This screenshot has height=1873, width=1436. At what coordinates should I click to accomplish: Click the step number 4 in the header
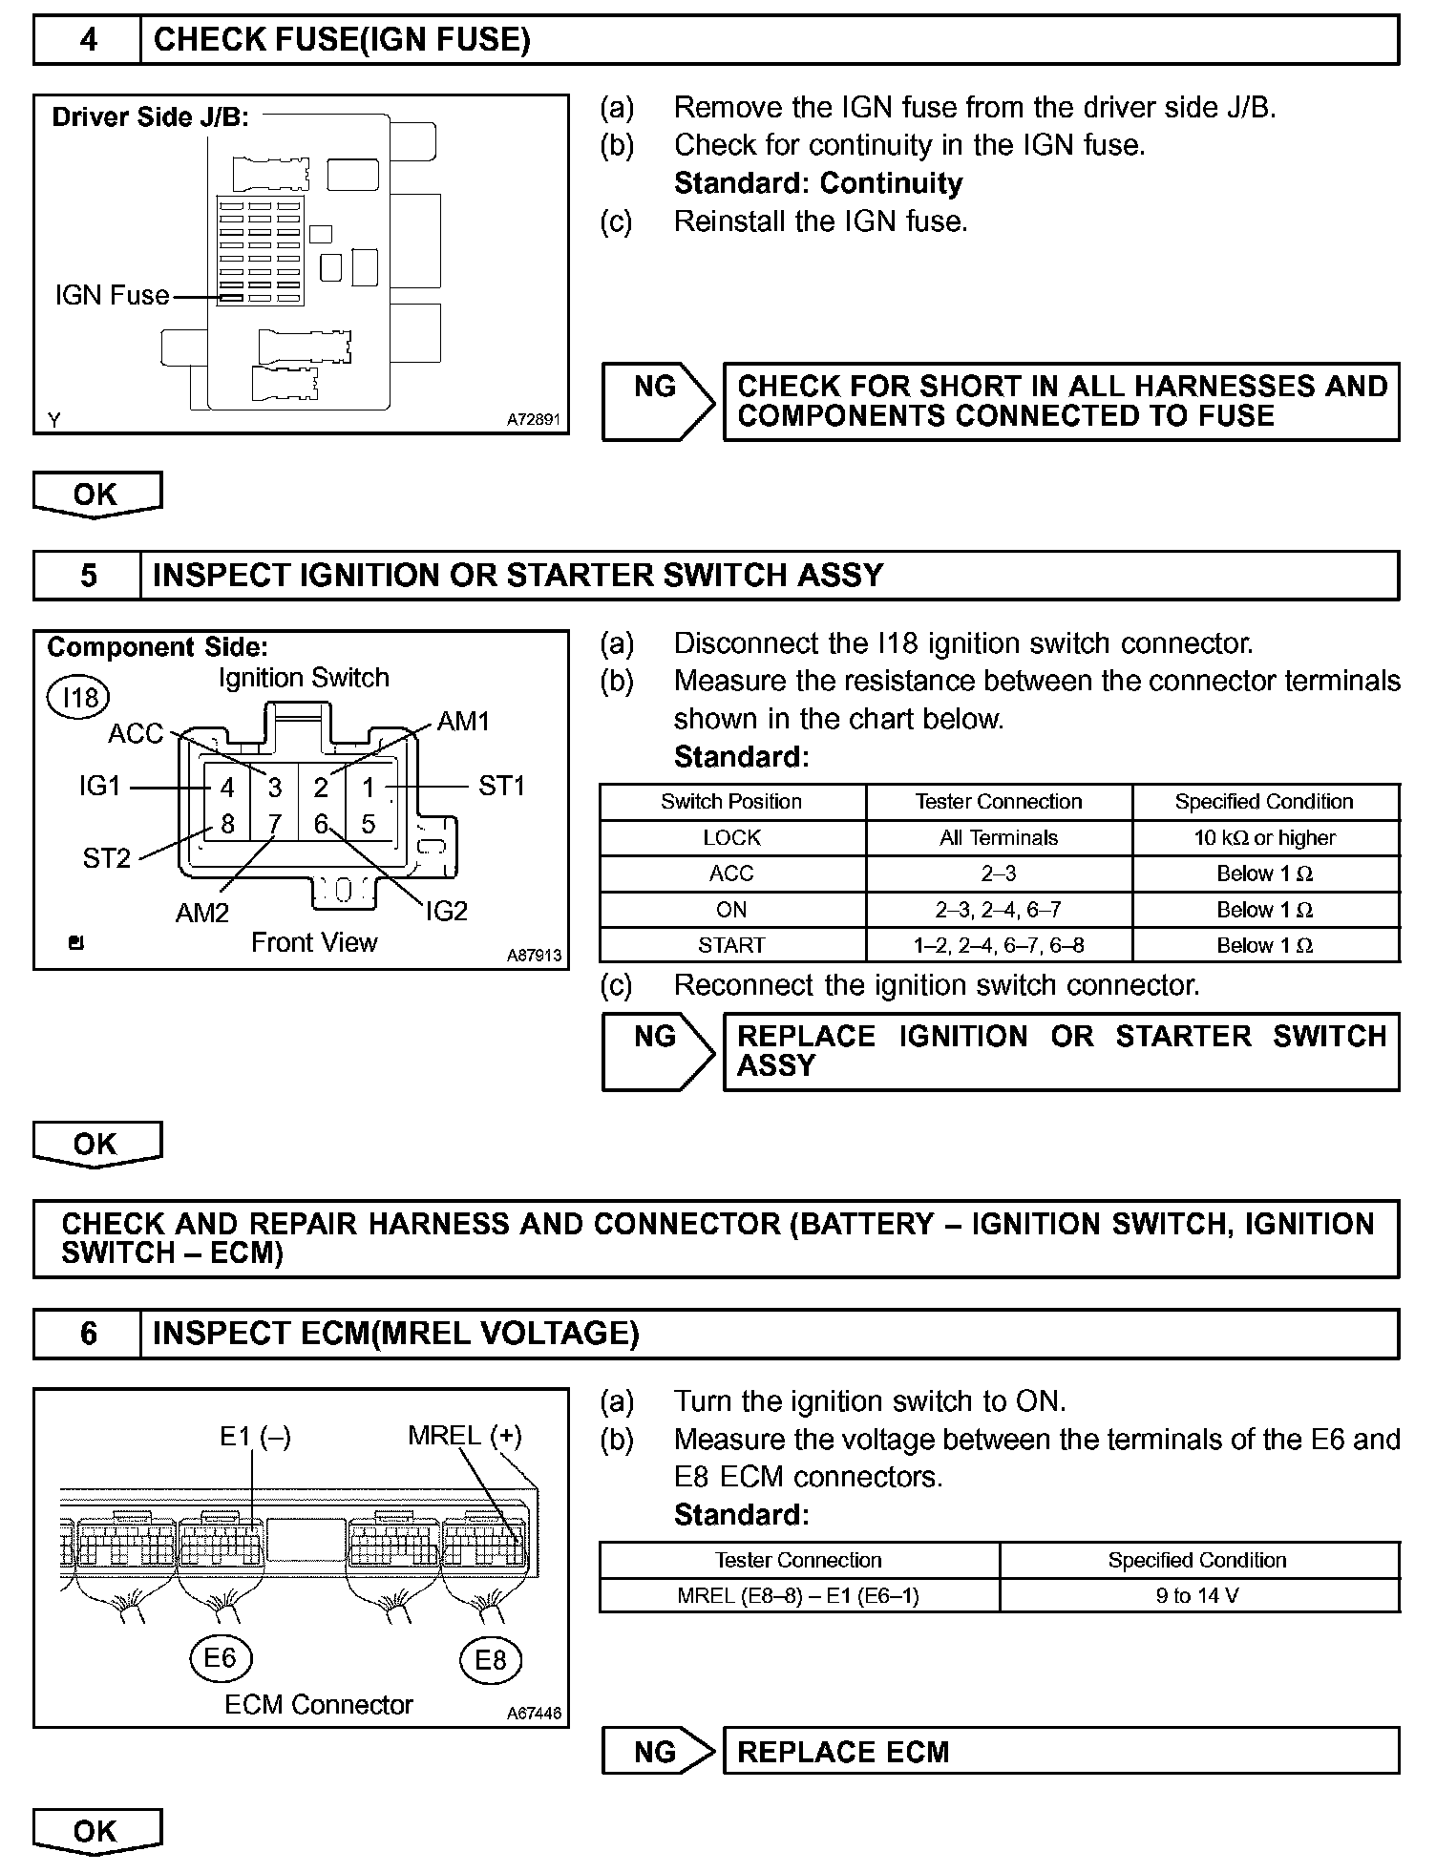(88, 40)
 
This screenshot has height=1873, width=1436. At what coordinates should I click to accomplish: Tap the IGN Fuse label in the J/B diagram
(112, 296)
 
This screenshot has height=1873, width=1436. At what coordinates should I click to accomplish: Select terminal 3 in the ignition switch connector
(275, 788)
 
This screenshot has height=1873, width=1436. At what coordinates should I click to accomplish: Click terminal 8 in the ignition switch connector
(227, 824)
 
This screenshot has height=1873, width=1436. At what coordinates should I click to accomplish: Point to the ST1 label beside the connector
(501, 786)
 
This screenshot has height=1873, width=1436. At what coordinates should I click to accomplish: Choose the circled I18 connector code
(80, 698)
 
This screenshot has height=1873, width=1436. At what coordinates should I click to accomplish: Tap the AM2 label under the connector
(202, 914)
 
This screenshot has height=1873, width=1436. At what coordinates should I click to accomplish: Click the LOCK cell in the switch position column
(731, 838)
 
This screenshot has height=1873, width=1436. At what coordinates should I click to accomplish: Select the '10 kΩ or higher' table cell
(1264, 838)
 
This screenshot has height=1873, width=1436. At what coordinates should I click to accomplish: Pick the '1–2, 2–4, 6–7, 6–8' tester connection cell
(998, 945)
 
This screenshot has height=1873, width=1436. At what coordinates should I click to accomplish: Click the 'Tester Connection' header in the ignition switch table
(998, 802)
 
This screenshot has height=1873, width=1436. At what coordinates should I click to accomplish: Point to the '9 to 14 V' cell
(1197, 1595)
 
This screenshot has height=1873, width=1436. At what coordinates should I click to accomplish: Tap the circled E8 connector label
(490, 1660)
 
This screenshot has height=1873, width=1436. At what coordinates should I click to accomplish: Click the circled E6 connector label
(220, 1658)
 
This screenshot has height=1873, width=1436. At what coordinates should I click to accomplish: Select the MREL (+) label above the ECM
(464, 1435)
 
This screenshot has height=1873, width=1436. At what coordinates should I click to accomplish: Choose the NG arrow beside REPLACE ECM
(657, 1752)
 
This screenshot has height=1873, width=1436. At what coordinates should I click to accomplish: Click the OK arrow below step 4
(96, 495)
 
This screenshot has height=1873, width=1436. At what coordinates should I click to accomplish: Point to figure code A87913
(535, 955)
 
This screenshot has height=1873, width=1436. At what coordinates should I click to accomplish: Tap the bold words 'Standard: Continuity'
(817, 183)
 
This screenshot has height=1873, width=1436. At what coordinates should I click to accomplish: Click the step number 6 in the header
(88, 1334)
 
